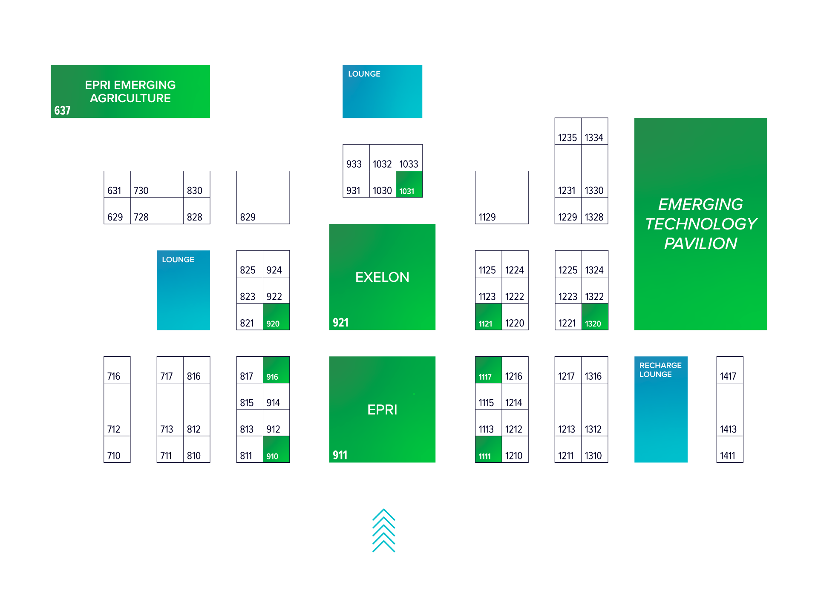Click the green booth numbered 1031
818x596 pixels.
click(x=409, y=184)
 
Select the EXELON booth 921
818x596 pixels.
click(x=382, y=277)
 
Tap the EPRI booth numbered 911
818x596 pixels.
click(x=382, y=410)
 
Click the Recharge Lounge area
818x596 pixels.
click(x=660, y=410)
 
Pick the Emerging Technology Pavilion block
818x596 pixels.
click(x=700, y=224)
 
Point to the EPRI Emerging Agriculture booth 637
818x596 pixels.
click(x=130, y=92)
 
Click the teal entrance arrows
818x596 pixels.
click(x=383, y=530)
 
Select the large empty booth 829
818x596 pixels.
click(x=263, y=198)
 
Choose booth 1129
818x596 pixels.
click(x=501, y=198)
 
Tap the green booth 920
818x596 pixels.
click(x=276, y=317)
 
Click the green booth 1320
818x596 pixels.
click(x=595, y=317)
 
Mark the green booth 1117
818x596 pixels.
click(x=488, y=370)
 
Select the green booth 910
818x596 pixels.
click(x=276, y=449)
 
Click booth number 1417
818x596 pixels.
click(x=729, y=370)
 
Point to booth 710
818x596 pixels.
click(x=117, y=449)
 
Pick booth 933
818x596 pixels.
click(x=356, y=158)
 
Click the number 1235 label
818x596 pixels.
click(x=567, y=138)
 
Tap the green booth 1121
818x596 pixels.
click(x=488, y=317)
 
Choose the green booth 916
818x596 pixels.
click(x=276, y=370)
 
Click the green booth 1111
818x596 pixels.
click(x=488, y=449)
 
